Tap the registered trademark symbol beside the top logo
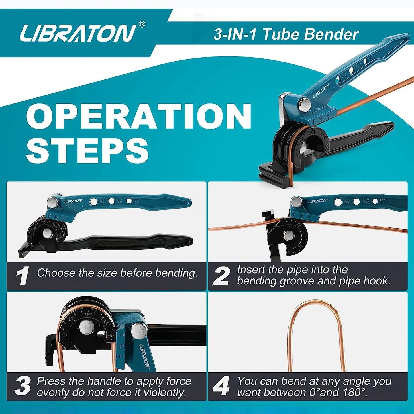tap(142, 25)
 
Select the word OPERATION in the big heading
tap(139, 117)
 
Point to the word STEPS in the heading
tap(87, 150)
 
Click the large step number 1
tap(22, 276)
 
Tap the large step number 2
tap(221, 276)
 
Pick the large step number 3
tap(22, 386)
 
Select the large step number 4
tap(221, 386)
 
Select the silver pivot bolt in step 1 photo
tap(53, 202)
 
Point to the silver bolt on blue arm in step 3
tap(139, 330)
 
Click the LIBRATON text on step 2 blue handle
tap(317, 201)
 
